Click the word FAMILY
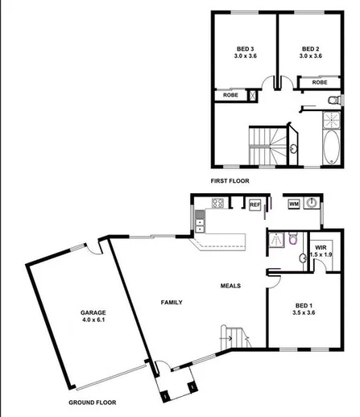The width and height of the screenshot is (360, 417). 170,302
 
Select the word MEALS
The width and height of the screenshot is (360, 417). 232,285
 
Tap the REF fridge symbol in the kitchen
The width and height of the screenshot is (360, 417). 254,205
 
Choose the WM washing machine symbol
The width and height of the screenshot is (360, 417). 295,204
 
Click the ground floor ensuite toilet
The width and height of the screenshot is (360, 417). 295,238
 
